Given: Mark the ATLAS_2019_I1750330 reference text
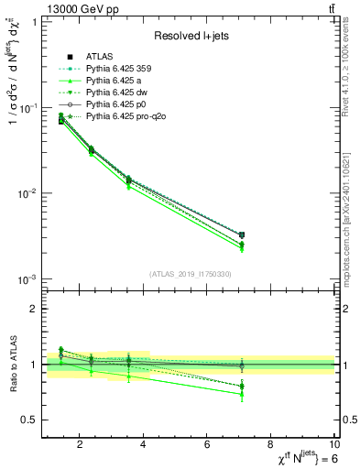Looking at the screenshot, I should [189, 274].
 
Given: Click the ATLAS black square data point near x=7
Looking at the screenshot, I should [241, 235].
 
